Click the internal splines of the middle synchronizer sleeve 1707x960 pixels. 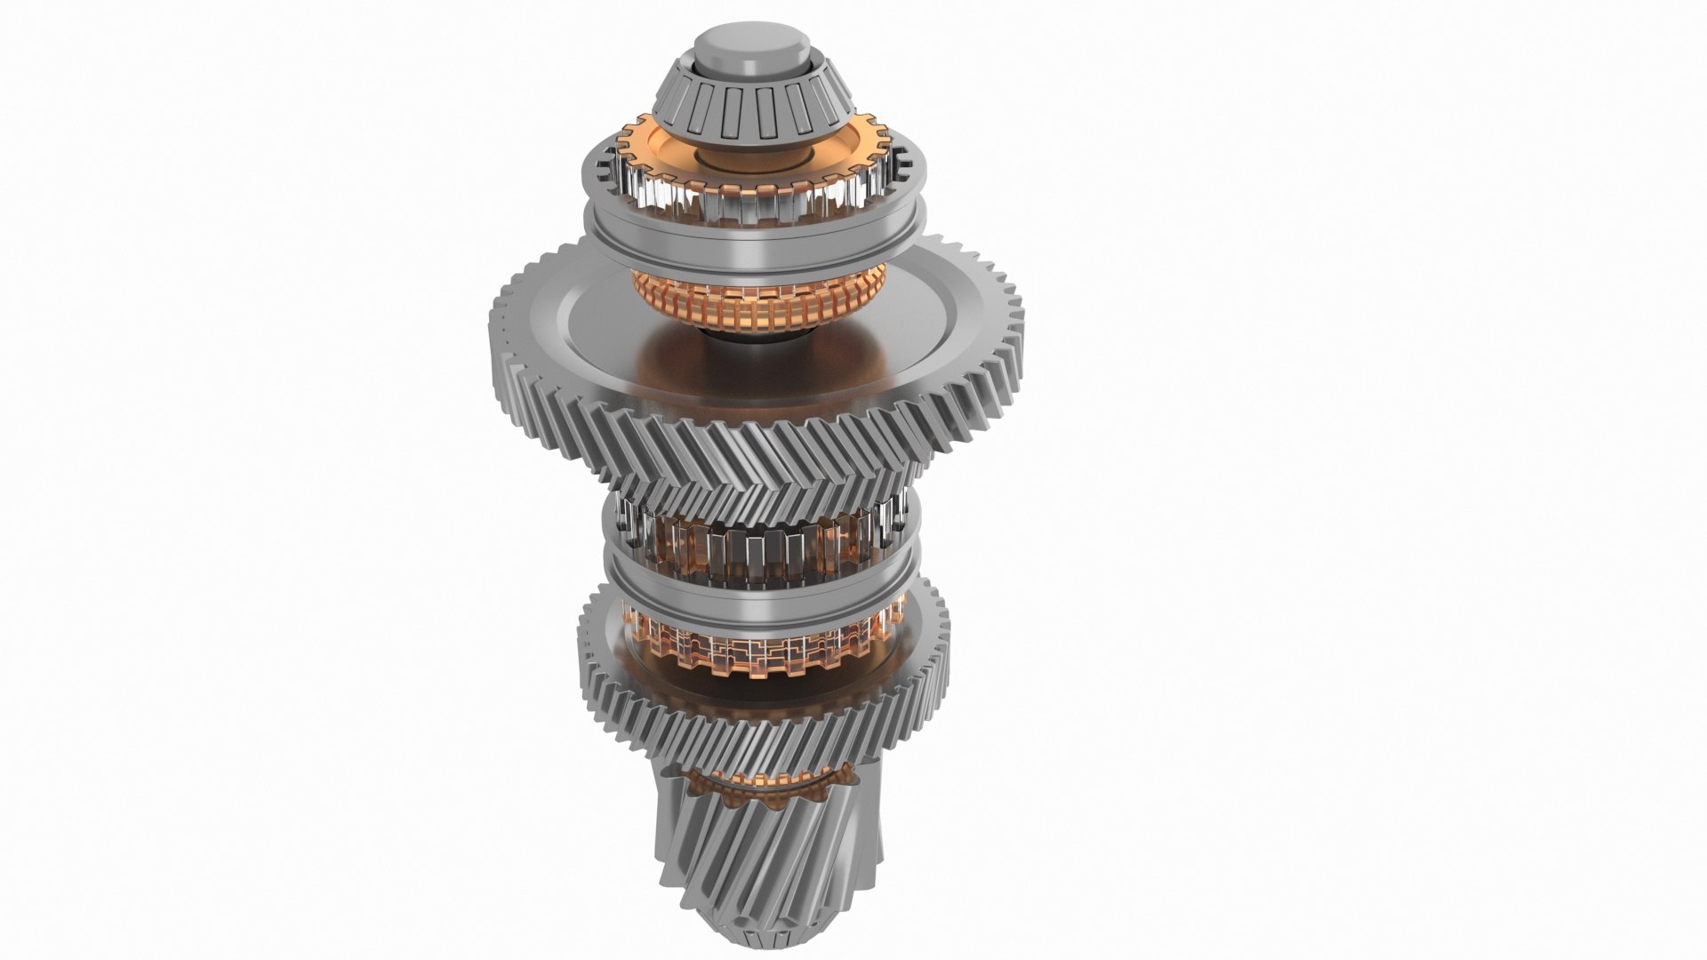coord(756,547)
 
